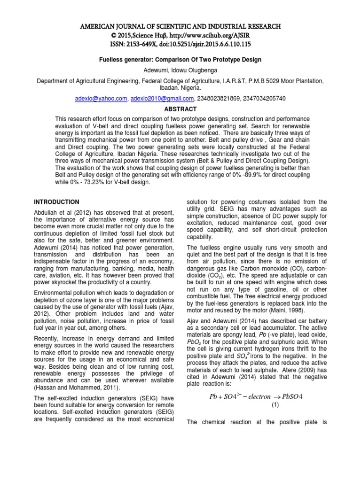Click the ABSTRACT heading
180,109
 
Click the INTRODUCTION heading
56,202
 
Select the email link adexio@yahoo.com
101,99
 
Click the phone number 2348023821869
218,99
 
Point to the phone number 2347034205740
263,99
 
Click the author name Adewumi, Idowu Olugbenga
180,70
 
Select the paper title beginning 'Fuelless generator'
180,60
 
